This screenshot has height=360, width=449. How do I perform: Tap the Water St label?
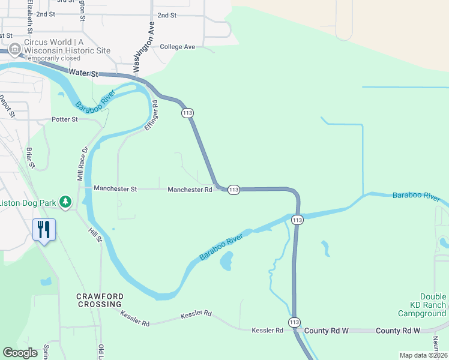click(x=83, y=73)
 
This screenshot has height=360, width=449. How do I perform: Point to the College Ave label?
click(x=178, y=46)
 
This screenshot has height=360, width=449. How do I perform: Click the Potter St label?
click(x=65, y=119)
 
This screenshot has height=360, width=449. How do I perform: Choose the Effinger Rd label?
click(x=151, y=116)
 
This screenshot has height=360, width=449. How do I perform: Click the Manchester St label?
click(x=116, y=189)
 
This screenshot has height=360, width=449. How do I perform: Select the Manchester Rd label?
click(x=190, y=190)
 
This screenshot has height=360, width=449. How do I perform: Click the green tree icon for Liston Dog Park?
click(x=65, y=203)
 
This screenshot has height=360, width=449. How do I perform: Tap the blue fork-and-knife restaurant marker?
click(x=44, y=229)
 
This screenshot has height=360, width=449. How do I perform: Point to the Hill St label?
click(x=95, y=231)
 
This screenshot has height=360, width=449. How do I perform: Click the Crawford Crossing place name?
click(x=100, y=300)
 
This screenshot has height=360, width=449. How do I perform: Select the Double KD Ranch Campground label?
click(x=424, y=305)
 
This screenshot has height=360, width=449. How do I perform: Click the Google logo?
click(x=20, y=353)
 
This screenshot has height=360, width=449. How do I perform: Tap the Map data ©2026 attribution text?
click(x=423, y=355)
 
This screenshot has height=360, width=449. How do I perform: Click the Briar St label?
click(x=31, y=157)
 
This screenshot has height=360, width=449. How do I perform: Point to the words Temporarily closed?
click(x=52, y=59)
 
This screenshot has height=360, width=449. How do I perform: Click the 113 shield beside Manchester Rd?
click(x=234, y=190)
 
